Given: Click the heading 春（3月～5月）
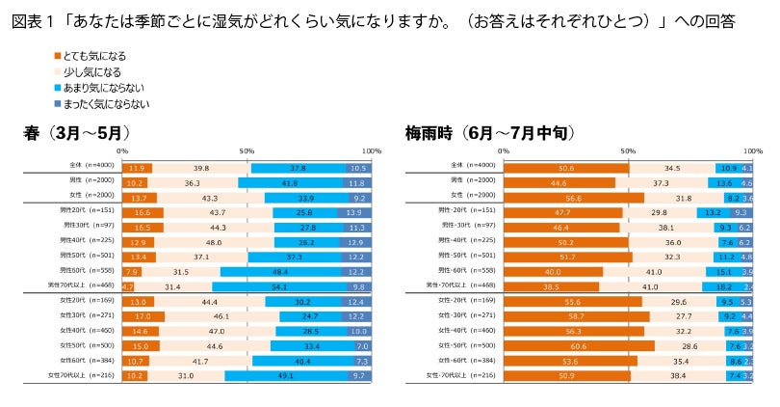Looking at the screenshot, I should pos(77,133).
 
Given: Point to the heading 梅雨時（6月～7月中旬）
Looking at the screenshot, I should pos(491,133).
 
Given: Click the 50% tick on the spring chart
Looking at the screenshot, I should pos(246,151).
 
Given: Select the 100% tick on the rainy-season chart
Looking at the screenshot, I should pos(752,151).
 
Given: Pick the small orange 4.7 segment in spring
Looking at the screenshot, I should pos(127,286).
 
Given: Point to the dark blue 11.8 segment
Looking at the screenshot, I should pos(356,182).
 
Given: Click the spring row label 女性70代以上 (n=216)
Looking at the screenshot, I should pos(79,374).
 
